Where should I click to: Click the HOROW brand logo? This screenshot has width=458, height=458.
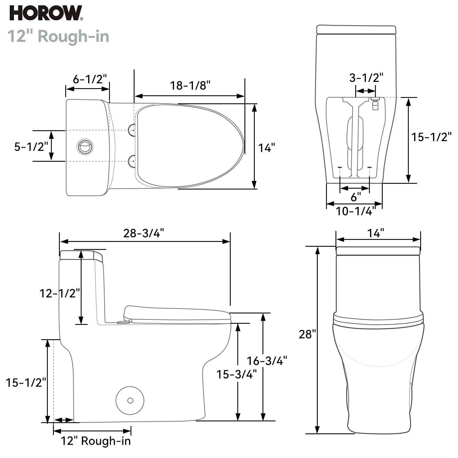pyautogui.click(x=46, y=13)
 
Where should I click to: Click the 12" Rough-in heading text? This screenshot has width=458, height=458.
pyautogui.click(x=58, y=36)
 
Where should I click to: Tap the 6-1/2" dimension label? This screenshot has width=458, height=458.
pyautogui.click(x=90, y=79)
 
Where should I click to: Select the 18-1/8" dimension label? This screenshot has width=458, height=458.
pyautogui.click(x=190, y=85)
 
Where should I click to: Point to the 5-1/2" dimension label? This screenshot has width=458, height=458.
pyautogui.click(x=31, y=147)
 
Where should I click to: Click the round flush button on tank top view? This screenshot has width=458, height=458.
pyautogui.click(x=85, y=147)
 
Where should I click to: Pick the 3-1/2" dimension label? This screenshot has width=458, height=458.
pyautogui.click(x=366, y=78)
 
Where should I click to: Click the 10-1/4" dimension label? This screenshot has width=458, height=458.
pyautogui.click(x=355, y=211)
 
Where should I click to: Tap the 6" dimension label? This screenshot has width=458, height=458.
pyautogui.click(x=356, y=197)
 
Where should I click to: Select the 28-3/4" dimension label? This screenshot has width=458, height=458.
pyautogui.click(x=144, y=233)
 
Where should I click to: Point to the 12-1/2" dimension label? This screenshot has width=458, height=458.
pyautogui.click(x=60, y=293)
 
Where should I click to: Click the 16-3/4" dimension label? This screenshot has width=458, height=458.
pyautogui.click(x=267, y=361)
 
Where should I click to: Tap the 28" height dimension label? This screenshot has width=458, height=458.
pyautogui.click(x=307, y=334)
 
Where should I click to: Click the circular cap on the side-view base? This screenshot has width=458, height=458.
pyautogui.click(x=130, y=400)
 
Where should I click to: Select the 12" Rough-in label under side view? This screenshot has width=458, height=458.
pyautogui.click(x=96, y=441)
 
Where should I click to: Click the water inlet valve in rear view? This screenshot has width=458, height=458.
pyautogui.click(x=375, y=104)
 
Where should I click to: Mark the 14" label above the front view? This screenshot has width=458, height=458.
pyautogui.click(x=376, y=233)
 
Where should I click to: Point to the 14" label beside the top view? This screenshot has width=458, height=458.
pyautogui.click(x=266, y=148)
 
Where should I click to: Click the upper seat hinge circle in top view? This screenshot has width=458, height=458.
pyautogui.click(x=132, y=130)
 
